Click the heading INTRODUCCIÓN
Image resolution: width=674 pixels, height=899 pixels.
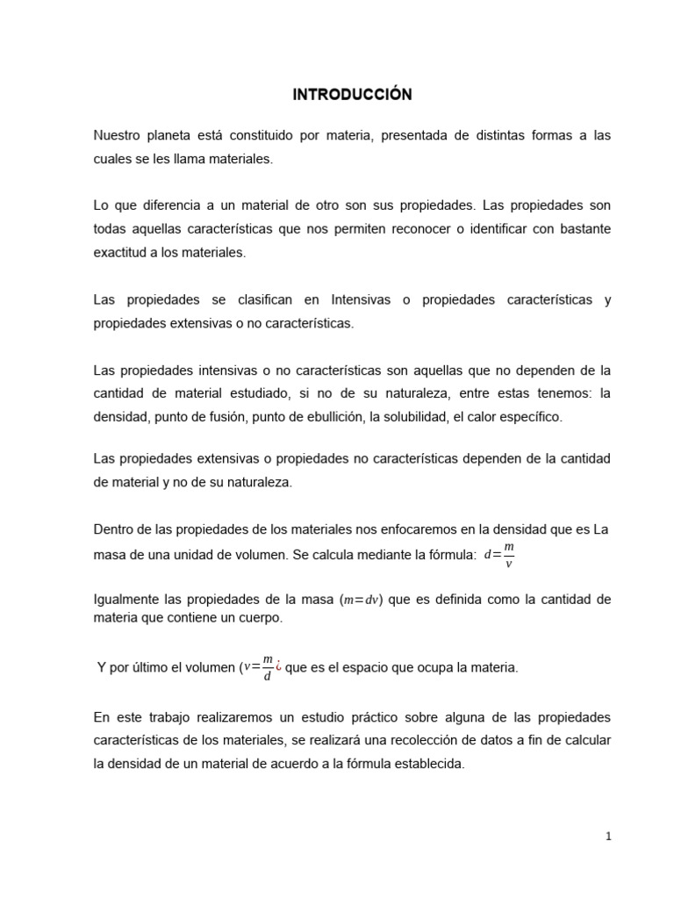(338, 94)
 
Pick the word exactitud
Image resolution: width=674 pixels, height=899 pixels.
(120, 252)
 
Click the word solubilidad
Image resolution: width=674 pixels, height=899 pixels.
(408, 417)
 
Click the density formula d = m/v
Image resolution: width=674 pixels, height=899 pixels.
(498, 554)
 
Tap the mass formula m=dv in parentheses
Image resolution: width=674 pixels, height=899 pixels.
(362, 601)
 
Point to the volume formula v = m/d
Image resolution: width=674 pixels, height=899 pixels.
(259, 668)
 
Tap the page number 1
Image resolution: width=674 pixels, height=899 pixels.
(608, 837)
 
